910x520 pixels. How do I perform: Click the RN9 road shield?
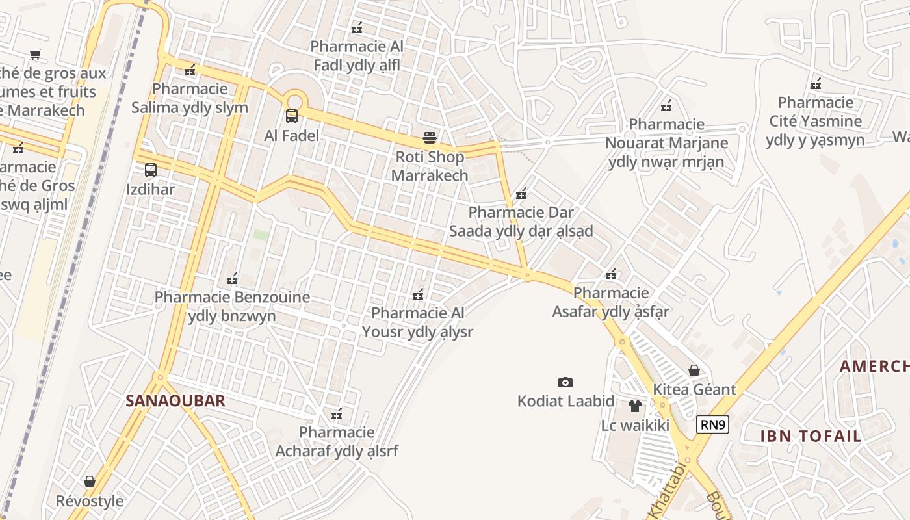pyautogui.click(x=712, y=425)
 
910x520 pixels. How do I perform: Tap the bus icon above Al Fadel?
pyautogui.click(x=292, y=116)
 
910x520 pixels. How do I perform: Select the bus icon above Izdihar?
pyautogui.click(x=151, y=170)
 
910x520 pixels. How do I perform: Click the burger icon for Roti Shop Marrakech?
pyautogui.click(x=429, y=137)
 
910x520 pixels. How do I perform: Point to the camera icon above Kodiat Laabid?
pyautogui.click(x=565, y=382)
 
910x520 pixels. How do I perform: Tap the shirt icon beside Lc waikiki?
pyautogui.click(x=635, y=406)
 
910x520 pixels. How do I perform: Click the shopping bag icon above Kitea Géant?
pyautogui.click(x=694, y=370)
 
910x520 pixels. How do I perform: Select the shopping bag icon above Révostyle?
pyautogui.click(x=90, y=482)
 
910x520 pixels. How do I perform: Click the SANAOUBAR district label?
pyautogui.click(x=175, y=400)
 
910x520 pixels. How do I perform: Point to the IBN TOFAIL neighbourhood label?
pyautogui.click(x=811, y=436)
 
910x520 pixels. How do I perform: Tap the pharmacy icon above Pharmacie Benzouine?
pyautogui.click(x=232, y=279)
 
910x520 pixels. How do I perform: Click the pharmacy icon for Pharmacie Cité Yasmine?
pyautogui.click(x=816, y=84)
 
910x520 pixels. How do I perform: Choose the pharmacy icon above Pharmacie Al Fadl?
pyautogui.click(x=357, y=27)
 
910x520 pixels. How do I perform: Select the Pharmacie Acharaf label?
pyautogui.click(x=337, y=441)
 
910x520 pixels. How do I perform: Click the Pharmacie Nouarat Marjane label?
pyautogui.click(x=666, y=143)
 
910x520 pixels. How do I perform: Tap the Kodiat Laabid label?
pyautogui.click(x=565, y=400)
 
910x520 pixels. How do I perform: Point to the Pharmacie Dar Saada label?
pyautogui.click(x=521, y=222)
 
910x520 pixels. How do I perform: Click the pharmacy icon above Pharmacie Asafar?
pyautogui.click(x=611, y=274)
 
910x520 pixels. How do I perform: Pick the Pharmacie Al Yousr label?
pyautogui.click(x=417, y=322)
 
